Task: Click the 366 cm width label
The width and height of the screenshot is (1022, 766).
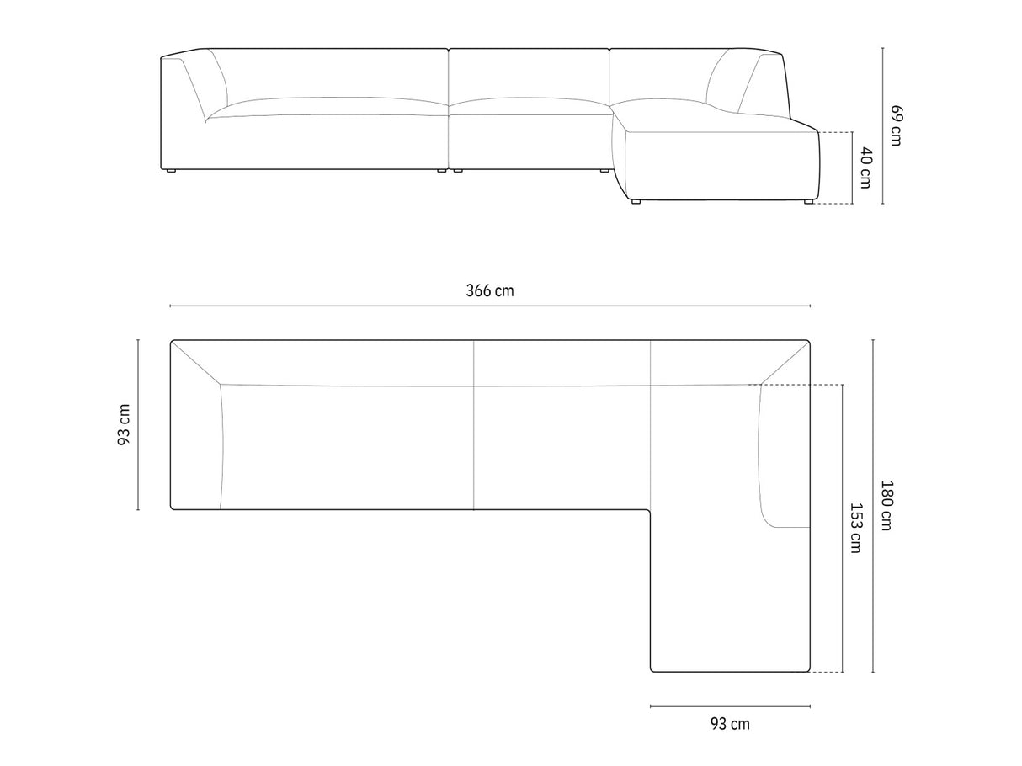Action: [490, 291]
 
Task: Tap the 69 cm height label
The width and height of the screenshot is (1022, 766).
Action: [896, 125]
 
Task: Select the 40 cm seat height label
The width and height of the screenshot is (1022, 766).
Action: [865, 168]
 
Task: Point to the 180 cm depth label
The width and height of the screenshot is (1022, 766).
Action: [886, 505]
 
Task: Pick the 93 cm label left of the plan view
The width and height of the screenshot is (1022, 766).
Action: [124, 425]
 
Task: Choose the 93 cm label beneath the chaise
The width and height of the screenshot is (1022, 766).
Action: [730, 724]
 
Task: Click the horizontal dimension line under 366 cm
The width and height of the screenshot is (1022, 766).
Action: [490, 306]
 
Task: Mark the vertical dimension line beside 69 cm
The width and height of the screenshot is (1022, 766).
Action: [883, 125]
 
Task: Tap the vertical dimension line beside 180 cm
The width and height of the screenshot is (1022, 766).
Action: [873, 506]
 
